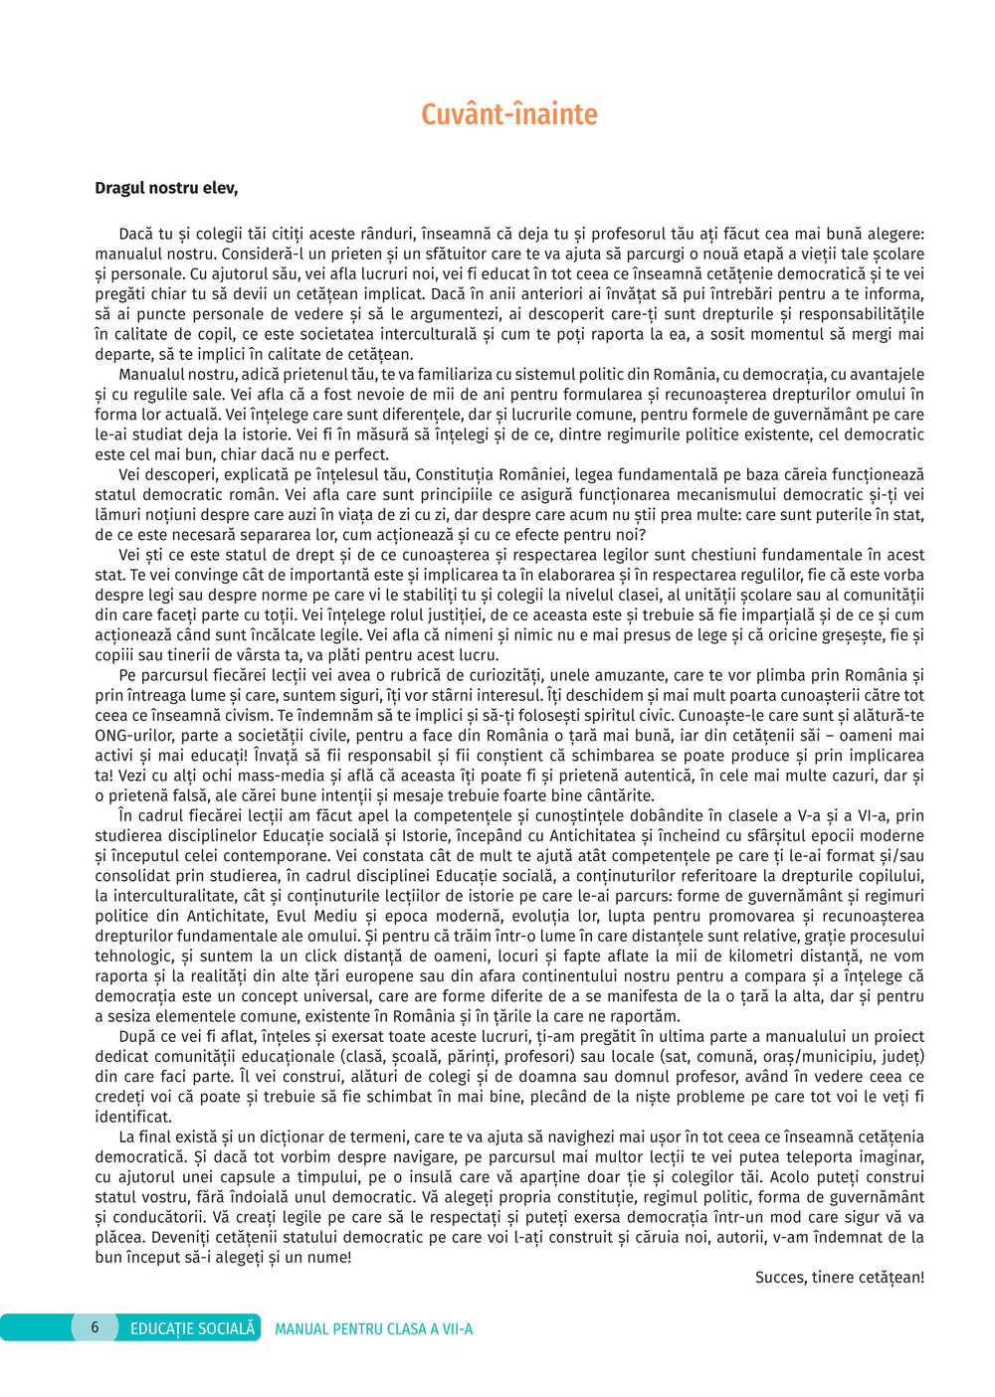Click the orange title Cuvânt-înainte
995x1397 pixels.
(508, 114)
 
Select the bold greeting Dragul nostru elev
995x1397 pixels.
(166, 188)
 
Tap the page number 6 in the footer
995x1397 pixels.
(96, 1327)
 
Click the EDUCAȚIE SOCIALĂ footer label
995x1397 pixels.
(192, 1328)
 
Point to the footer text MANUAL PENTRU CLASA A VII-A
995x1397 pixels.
(373, 1329)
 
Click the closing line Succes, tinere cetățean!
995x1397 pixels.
(839, 1278)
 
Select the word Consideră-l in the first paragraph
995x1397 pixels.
(263, 254)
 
